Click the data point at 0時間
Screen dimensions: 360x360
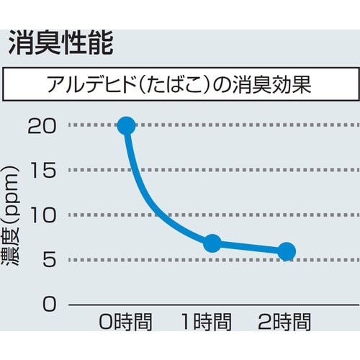click(126, 125)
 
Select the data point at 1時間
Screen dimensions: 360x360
click(212, 243)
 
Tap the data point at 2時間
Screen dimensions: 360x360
click(287, 251)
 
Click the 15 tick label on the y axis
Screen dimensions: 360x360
click(42, 171)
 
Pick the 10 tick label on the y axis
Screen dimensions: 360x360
click(42, 215)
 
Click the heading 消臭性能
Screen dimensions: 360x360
click(60, 44)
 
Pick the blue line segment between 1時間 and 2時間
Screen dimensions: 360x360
click(248, 248)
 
